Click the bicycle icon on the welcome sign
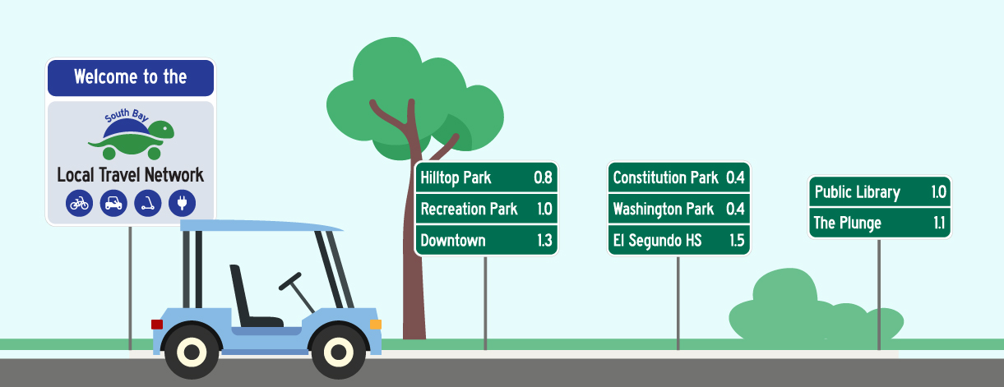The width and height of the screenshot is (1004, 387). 79,203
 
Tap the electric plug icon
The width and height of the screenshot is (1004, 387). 182,203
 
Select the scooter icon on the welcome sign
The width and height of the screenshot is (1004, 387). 148,203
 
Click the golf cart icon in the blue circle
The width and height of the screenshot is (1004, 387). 113,203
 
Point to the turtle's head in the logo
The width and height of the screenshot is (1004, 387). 163,130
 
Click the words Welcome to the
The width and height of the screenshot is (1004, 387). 131,77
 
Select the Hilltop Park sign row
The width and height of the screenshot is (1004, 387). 486,177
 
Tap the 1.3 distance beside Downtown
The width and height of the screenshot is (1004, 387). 544,241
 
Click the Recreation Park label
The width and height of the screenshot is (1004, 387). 469,210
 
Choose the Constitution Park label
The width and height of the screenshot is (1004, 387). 665,177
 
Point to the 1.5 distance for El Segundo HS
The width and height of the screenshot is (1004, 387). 737,241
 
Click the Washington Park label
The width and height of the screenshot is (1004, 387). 664,210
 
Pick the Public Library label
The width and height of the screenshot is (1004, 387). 858,192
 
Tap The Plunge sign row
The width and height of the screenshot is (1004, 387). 880,223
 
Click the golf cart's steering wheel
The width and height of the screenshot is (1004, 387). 290,281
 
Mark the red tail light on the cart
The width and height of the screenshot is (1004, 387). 157,325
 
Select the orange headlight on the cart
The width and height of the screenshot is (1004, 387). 376,325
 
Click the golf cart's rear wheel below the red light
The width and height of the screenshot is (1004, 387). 192,352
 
